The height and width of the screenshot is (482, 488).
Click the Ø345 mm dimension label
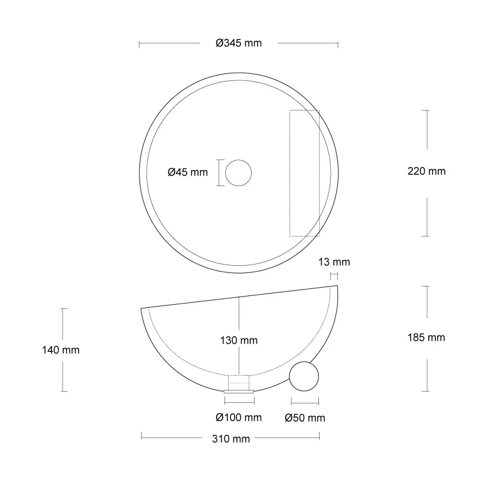[x=239, y=43]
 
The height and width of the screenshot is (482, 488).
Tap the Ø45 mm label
[x=188, y=172]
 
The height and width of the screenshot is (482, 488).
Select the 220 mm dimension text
[x=427, y=171]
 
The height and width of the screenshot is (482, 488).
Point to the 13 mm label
[x=334, y=262]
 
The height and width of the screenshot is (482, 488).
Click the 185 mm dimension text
[x=427, y=337]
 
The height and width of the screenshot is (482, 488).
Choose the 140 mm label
[x=61, y=350]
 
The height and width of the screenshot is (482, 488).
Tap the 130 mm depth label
[x=239, y=340]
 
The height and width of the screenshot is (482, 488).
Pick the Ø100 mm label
[x=239, y=417]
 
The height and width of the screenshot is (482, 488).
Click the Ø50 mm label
[x=305, y=418]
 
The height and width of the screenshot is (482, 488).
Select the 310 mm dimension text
[x=231, y=439]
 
